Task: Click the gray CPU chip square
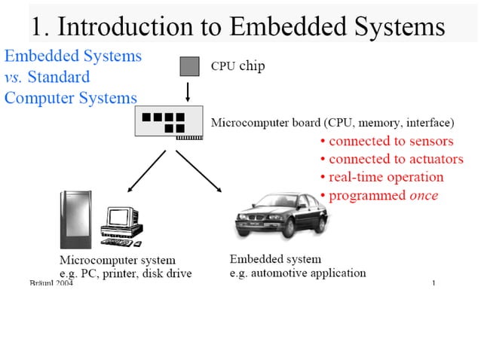tap(188, 66)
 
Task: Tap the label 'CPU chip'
tap(237, 66)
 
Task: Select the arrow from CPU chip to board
tap(188, 92)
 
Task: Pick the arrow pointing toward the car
tap(199, 171)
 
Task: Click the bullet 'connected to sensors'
tap(387, 141)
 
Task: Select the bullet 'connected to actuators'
tap(391, 159)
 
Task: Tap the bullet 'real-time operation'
tap(381, 177)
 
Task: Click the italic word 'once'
tap(423, 195)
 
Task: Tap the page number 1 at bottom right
tap(434, 283)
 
